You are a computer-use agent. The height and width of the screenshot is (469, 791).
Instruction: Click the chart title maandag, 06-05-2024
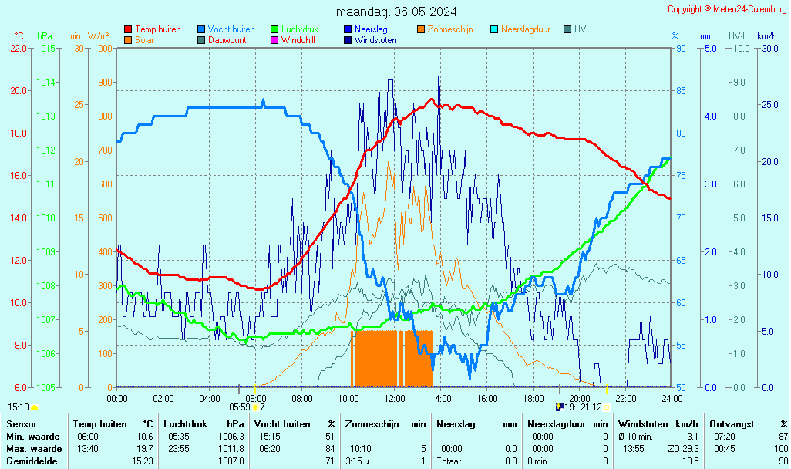click(x=395, y=12)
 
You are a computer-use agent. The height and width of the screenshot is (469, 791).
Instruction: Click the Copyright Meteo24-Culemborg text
click(x=727, y=9)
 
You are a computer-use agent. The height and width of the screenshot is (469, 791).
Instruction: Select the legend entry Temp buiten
click(x=157, y=29)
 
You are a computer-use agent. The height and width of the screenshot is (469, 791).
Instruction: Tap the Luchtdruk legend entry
click(x=302, y=29)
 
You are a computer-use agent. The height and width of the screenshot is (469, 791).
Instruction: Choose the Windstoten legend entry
click(x=375, y=40)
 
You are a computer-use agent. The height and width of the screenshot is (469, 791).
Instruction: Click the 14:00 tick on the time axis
click(x=440, y=398)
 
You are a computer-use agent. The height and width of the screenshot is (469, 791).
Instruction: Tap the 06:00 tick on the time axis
click(x=255, y=398)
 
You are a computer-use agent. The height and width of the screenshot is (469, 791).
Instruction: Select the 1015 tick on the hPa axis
click(x=45, y=48)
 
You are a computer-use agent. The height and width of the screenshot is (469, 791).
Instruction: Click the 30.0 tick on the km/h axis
click(x=767, y=48)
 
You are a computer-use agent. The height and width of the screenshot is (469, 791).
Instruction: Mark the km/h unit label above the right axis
click(x=766, y=36)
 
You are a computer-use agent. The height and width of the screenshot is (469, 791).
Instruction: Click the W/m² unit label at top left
click(x=98, y=36)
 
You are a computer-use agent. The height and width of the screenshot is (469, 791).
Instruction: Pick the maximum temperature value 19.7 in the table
click(x=145, y=449)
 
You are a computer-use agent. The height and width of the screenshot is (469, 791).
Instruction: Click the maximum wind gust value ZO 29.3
click(x=683, y=449)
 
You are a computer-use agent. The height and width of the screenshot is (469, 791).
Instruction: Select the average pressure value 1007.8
click(x=232, y=461)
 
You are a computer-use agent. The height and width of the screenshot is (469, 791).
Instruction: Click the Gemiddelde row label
click(x=32, y=461)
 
